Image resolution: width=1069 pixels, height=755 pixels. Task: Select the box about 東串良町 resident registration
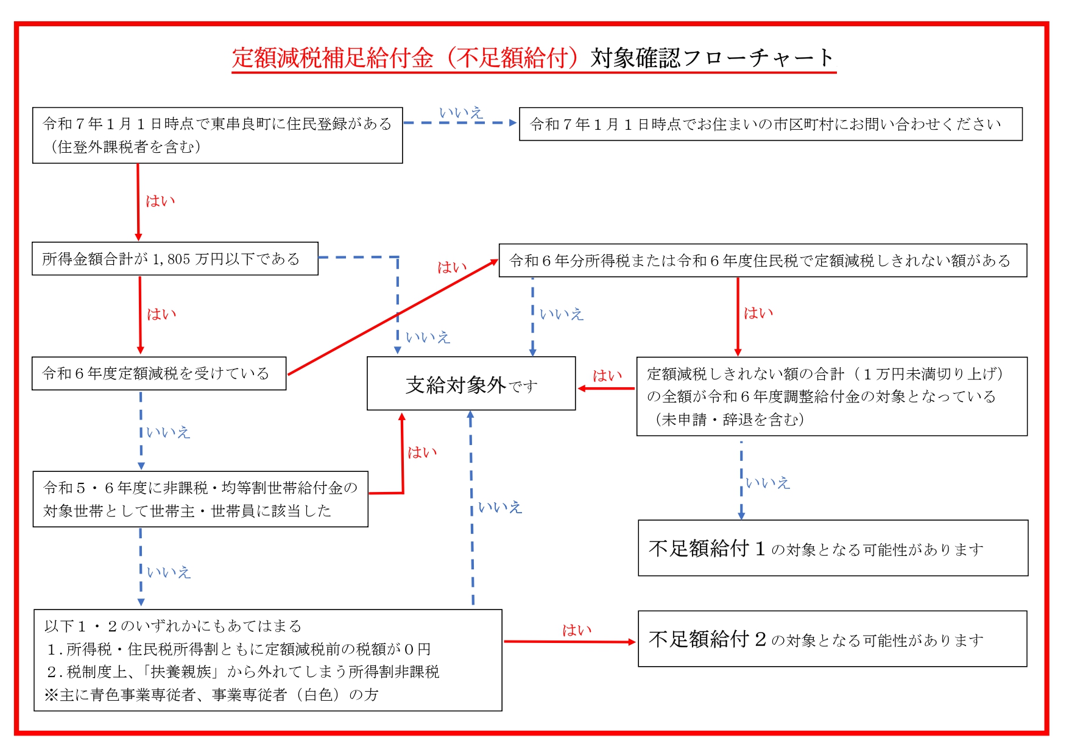pos(217,135)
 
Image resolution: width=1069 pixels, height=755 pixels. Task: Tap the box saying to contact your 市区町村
pos(770,124)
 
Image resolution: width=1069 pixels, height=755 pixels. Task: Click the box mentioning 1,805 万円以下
pos(175,259)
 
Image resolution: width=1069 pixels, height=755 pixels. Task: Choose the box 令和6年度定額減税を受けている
pos(158,373)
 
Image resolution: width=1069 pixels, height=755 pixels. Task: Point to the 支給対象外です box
pos(471,384)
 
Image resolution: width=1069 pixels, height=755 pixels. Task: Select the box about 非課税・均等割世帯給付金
pos(200,499)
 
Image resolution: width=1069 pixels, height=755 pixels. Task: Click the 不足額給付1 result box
pos(833,548)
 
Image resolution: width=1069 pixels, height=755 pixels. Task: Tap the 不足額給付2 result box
pos(832,639)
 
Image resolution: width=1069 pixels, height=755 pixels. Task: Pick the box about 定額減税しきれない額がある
pos(762,261)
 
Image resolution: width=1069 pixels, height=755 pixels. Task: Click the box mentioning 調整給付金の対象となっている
pos(831,396)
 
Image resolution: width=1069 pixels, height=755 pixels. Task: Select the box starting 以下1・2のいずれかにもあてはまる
pos(268,660)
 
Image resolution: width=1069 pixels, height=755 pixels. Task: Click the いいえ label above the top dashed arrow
pos(461,113)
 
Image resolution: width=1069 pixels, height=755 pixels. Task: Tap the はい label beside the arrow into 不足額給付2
pos(576,630)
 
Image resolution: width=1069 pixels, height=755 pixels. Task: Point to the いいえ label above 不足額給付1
pos(767,483)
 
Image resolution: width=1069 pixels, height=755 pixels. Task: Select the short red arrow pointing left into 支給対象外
pos(606,388)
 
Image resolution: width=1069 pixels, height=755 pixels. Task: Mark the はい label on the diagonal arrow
pos(452,267)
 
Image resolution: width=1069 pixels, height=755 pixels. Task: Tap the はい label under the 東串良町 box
pos(160,201)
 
